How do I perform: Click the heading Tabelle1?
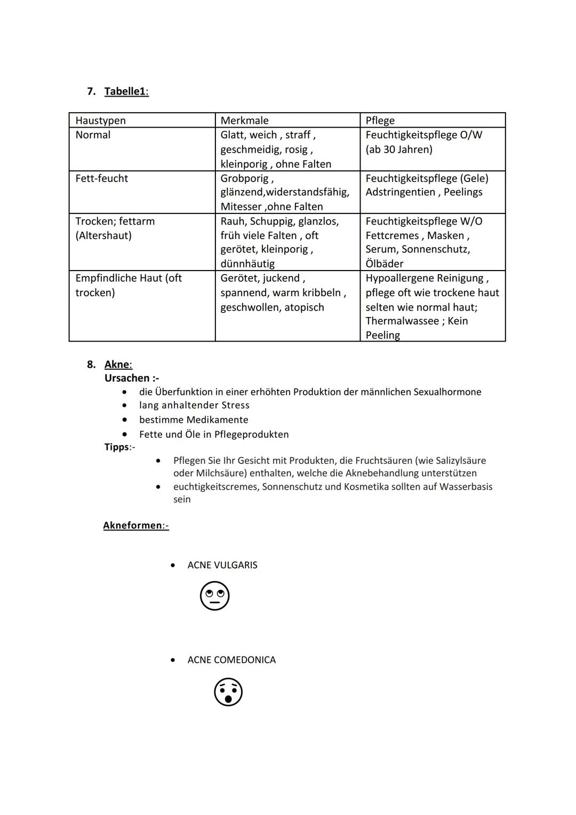pos(126,91)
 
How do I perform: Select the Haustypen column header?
pos(100,120)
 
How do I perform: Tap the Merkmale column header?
pos(244,120)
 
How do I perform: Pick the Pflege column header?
pos(380,120)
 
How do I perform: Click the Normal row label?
pos(93,134)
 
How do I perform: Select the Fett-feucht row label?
pos(101,178)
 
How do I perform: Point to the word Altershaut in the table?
pos(103,235)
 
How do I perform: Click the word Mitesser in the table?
pos(241,207)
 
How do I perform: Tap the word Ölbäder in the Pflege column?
pos(385,264)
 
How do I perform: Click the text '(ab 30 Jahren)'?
pos(399,149)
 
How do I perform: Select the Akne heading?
pos(117,365)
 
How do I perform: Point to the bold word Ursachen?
pos(127,378)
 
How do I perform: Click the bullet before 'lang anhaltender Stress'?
pos(124,406)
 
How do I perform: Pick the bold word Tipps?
pos(117,447)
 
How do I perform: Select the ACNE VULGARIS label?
pos(222,565)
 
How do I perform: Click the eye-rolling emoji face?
pos(214,596)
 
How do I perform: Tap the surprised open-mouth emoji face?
pos(228,692)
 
